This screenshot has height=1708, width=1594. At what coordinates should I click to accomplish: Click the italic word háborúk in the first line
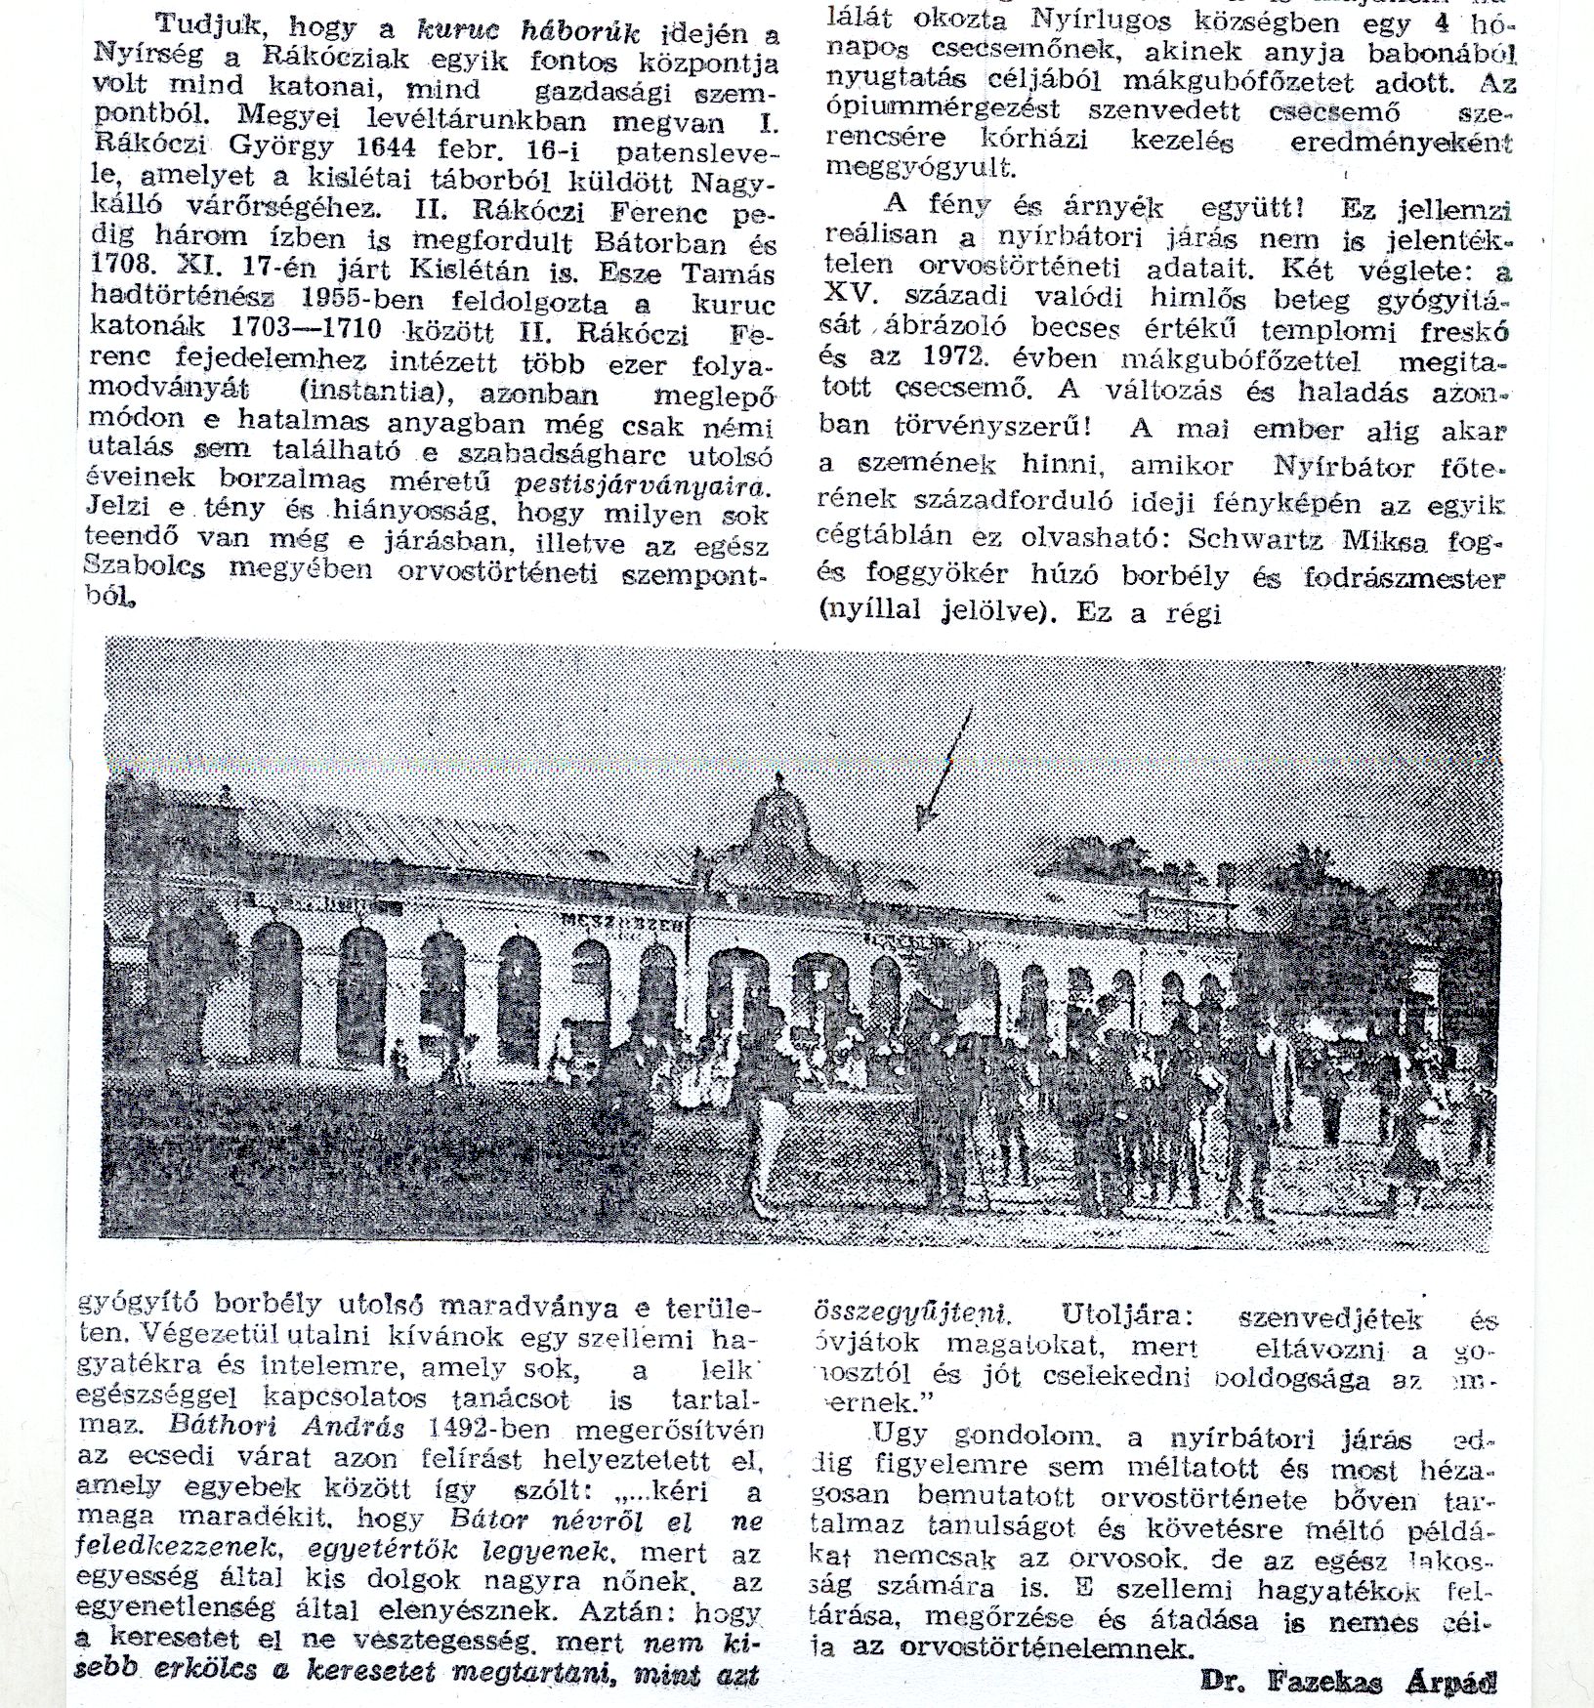(581, 34)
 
